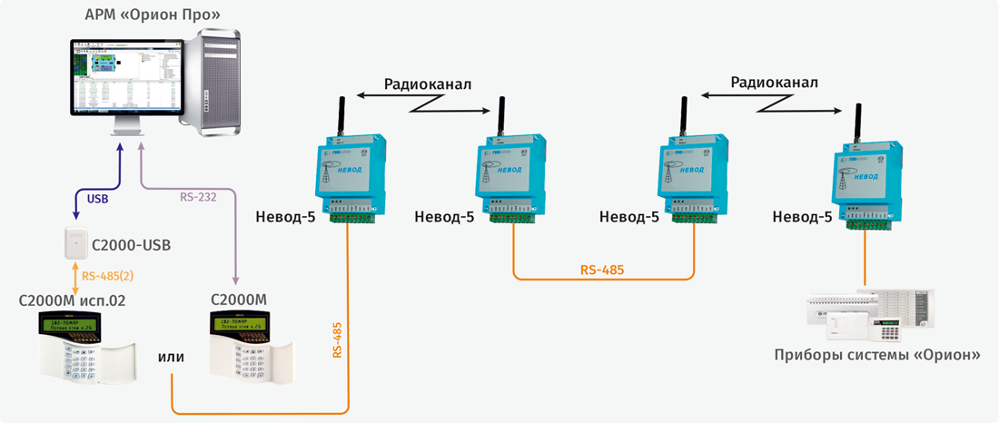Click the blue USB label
pyautogui.click(x=97, y=199)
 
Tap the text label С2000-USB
pyautogui.click(x=132, y=245)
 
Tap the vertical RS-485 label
pyautogui.click(x=337, y=341)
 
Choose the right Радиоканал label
pyautogui.click(x=774, y=82)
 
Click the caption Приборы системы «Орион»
pyautogui.click(x=876, y=355)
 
